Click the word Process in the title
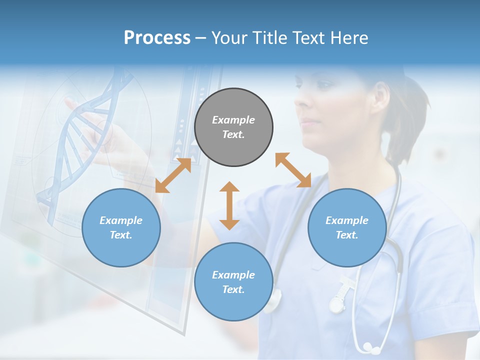coord(157,38)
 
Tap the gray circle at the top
coord(233,127)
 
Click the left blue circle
coord(121,227)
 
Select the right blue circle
coord(347,227)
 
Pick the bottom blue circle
coord(233,281)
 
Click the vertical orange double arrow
coord(229,205)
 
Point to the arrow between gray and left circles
coord(173,175)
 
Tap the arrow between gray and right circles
coord(293,170)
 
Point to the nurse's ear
coord(381,95)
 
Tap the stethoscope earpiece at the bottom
coord(369,346)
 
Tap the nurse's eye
coord(322,84)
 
